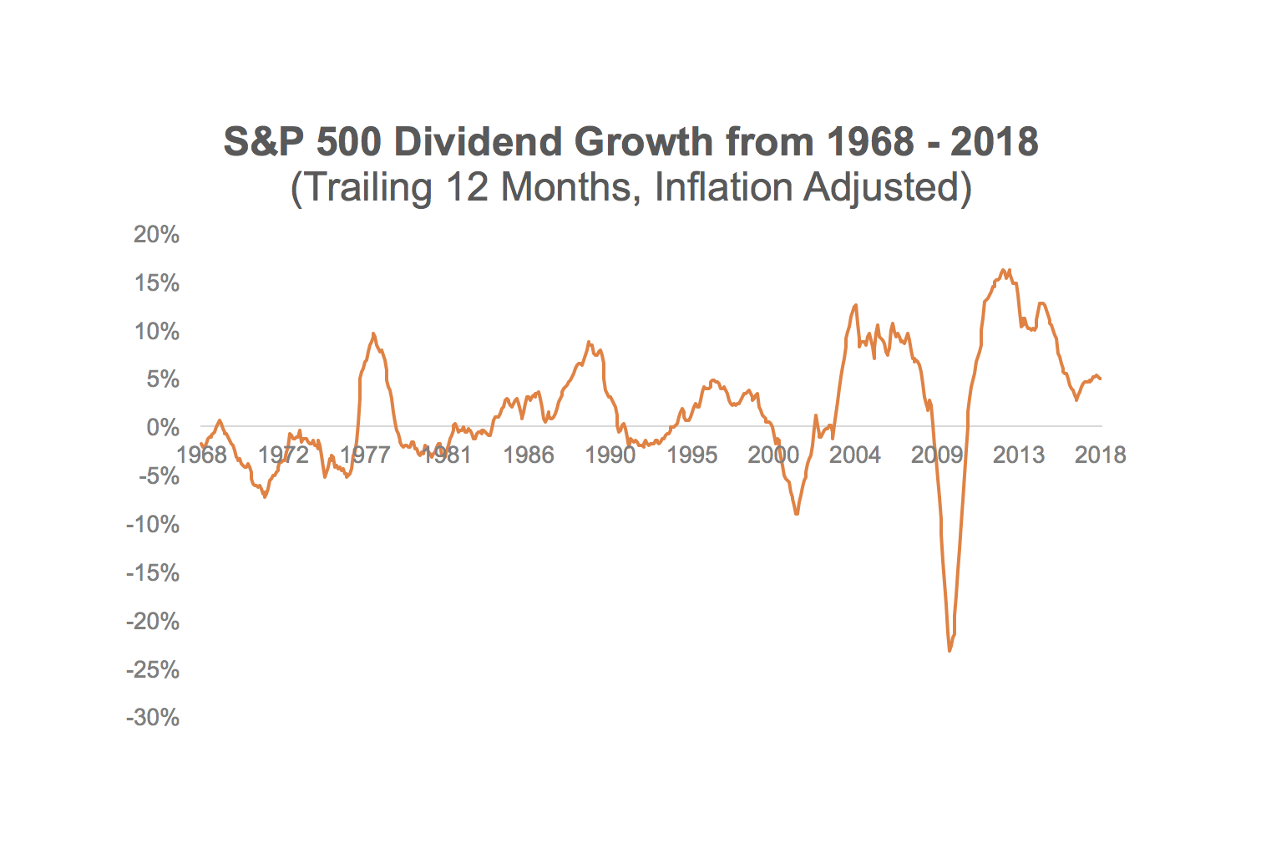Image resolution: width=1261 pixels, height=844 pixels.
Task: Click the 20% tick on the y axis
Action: [x=157, y=235]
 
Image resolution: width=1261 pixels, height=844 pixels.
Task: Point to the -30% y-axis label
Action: [x=153, y=718]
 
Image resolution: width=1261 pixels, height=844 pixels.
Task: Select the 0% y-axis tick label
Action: [x=163, y=428]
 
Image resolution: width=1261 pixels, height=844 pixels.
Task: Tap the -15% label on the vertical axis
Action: [x=153, y=573]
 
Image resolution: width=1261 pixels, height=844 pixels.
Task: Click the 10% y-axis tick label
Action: [x=157, y=332]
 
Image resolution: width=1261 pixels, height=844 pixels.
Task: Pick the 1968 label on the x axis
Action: [x=202, y=455]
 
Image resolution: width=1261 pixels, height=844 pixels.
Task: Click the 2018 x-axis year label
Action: [x=1100, y=455]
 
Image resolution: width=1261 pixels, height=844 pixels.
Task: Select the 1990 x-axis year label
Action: [x=610, y=455]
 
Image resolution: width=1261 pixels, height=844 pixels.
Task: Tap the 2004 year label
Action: [x=854, y=455]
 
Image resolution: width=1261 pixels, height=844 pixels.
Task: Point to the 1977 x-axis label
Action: [x=365, y=455]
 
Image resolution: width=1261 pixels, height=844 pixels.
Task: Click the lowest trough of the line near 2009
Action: [x=950, y=650]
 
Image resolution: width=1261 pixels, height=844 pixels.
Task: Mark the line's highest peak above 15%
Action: [x=1003, y=270]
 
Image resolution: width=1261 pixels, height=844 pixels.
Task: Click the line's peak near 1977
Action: [x=373, y=333]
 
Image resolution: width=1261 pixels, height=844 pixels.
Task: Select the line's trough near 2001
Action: [x=797, y=514]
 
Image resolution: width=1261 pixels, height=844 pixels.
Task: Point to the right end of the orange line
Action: [x=1101, y=379]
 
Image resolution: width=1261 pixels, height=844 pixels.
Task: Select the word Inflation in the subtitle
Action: [x=723, y=187]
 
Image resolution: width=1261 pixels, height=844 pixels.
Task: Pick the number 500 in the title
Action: [x=349, y=142]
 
